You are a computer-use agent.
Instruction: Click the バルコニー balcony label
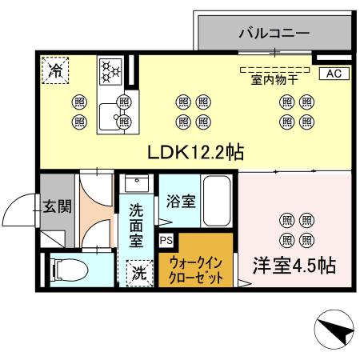coord(274,34)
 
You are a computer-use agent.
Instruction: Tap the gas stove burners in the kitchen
coord(110,70)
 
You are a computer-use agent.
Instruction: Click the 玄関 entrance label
coord(58,206)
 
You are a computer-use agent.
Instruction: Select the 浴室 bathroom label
coord(180,202)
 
